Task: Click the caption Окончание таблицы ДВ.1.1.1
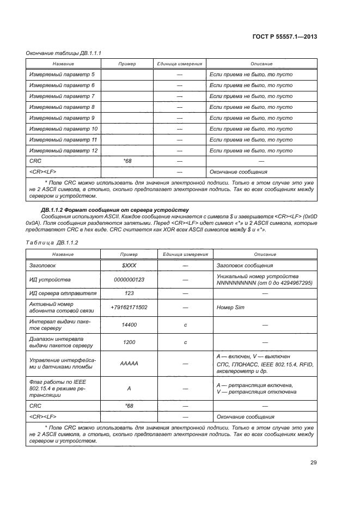pyautogui.click(x=64, y=53)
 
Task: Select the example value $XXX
pyautogui.click(x=129, y=265)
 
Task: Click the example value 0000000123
pyautogui.click(x=129, y=279)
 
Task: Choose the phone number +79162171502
pyautogui.click(x=129, y=307)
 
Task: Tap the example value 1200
pyautogui.click(x=129, y=342)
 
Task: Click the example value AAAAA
pyautogui.click(x=129, y=363)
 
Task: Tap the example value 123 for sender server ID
pyautogui.click(x=129, y=293)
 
